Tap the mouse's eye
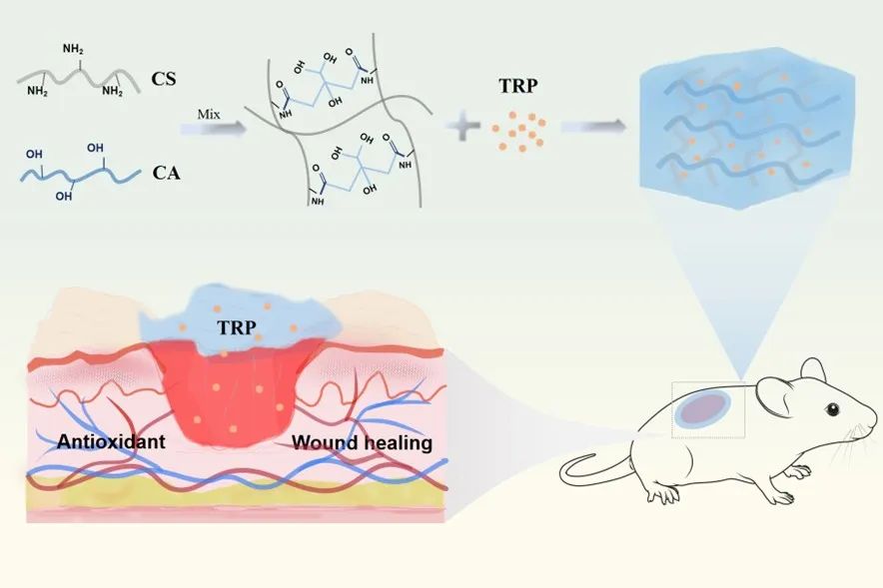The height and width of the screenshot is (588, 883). (x=830, y=409)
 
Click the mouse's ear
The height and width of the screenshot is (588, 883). (x=774, y=395)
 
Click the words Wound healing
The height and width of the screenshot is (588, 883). (x=362, y=441)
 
